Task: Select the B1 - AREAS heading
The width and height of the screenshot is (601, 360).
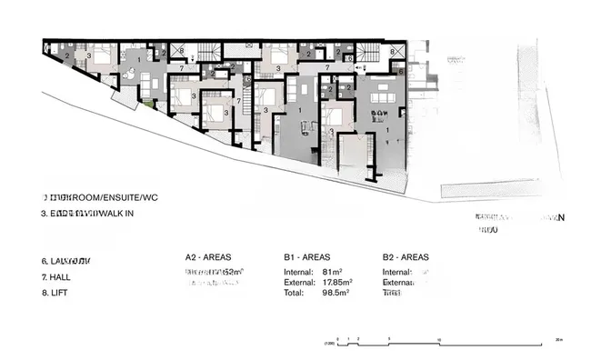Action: coord(306,257)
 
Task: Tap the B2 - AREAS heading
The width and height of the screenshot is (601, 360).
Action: coord(406,257)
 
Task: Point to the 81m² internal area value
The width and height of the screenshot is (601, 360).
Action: coord(330,272)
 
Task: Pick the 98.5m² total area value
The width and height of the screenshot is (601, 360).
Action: coord(335,294)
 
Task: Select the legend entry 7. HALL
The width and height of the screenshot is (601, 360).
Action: coord(57,276)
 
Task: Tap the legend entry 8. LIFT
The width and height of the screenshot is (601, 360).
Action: coord(56,293)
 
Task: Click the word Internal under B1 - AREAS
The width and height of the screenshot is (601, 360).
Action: coord(299,272)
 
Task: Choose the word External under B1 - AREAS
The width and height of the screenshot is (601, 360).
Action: coord(300,283)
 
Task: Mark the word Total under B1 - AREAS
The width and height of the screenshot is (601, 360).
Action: coord(295,294)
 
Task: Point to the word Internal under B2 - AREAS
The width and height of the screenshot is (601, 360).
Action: coord(397,272)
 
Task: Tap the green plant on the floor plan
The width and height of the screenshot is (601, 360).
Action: coord(147,104)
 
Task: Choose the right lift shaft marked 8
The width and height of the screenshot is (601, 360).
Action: coord(392,52)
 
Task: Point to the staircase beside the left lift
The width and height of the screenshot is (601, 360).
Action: coord(209,52)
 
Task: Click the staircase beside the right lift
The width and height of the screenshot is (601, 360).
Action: coord(368,52)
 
